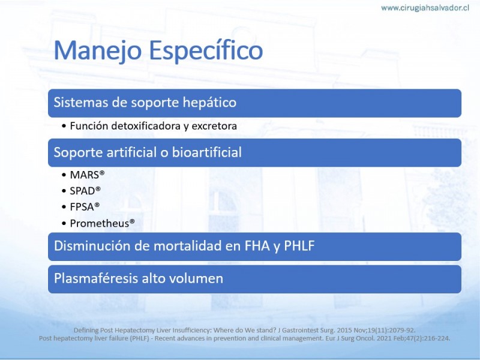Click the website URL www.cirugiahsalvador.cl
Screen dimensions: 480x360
coord(425,8)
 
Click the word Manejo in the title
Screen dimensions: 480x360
coord(98,51)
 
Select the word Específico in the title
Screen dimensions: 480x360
coord(206,51)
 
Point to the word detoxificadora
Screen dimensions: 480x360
coord(146,126)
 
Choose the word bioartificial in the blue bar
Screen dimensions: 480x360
coord(206,152)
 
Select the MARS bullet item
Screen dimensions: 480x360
coord(87,175)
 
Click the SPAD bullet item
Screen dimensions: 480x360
coord(85,191)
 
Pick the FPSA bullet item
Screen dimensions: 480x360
coord(85,207)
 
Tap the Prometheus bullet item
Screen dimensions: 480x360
coord(102,223)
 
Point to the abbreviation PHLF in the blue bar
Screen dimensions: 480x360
coord(299,246)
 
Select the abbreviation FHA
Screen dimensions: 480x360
coord(257,246)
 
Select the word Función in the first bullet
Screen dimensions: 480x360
coord(89,126)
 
